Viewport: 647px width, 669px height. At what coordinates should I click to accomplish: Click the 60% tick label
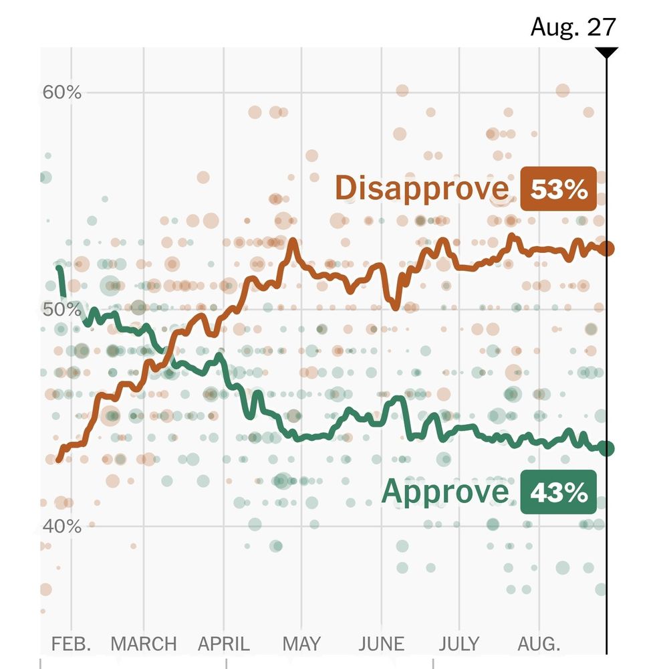62,92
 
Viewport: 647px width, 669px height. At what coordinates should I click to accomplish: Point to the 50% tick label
62,310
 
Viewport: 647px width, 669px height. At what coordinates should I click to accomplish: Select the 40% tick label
62,527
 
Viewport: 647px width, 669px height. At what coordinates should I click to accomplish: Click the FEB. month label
71,644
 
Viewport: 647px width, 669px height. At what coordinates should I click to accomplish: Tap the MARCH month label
144,644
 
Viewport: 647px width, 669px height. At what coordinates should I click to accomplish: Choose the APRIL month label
223,644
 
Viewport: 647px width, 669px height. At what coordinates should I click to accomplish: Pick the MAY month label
301,644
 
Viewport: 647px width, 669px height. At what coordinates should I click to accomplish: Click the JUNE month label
381,644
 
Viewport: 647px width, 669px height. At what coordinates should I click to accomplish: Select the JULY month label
460,644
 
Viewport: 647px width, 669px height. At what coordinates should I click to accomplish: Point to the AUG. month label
539,644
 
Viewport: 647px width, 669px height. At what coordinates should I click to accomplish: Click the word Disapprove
421,189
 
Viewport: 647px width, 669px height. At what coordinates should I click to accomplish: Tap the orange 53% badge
559,189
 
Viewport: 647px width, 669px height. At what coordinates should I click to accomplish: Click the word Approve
445,493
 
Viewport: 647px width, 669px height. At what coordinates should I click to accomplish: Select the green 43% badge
559,494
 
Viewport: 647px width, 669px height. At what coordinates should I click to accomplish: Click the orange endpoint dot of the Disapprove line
607,249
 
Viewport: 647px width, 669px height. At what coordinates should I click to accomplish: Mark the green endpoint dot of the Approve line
607,448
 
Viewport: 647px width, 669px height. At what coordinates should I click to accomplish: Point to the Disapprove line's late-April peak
292,241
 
